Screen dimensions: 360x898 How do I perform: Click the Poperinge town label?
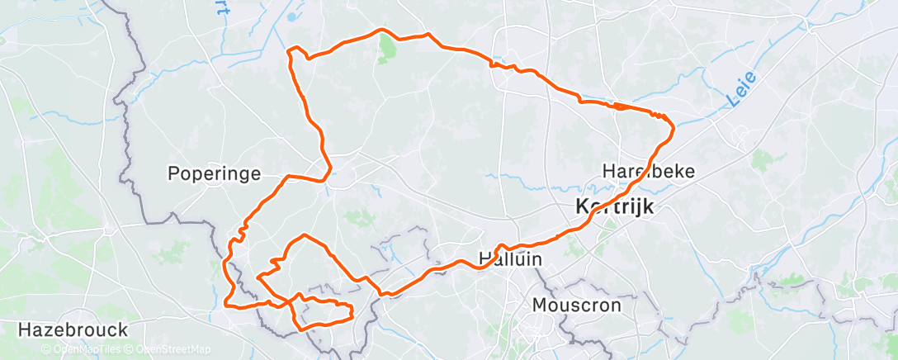(214, 174)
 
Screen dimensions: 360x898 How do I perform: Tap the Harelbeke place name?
(649, 172)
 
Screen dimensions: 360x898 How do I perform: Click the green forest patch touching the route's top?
(386, 50)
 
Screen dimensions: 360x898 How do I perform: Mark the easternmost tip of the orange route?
(674, 126)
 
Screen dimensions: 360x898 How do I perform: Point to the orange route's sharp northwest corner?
(289, 51)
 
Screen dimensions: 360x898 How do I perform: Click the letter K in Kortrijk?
(582, 206)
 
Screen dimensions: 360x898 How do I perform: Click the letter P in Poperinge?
(173, 174)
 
